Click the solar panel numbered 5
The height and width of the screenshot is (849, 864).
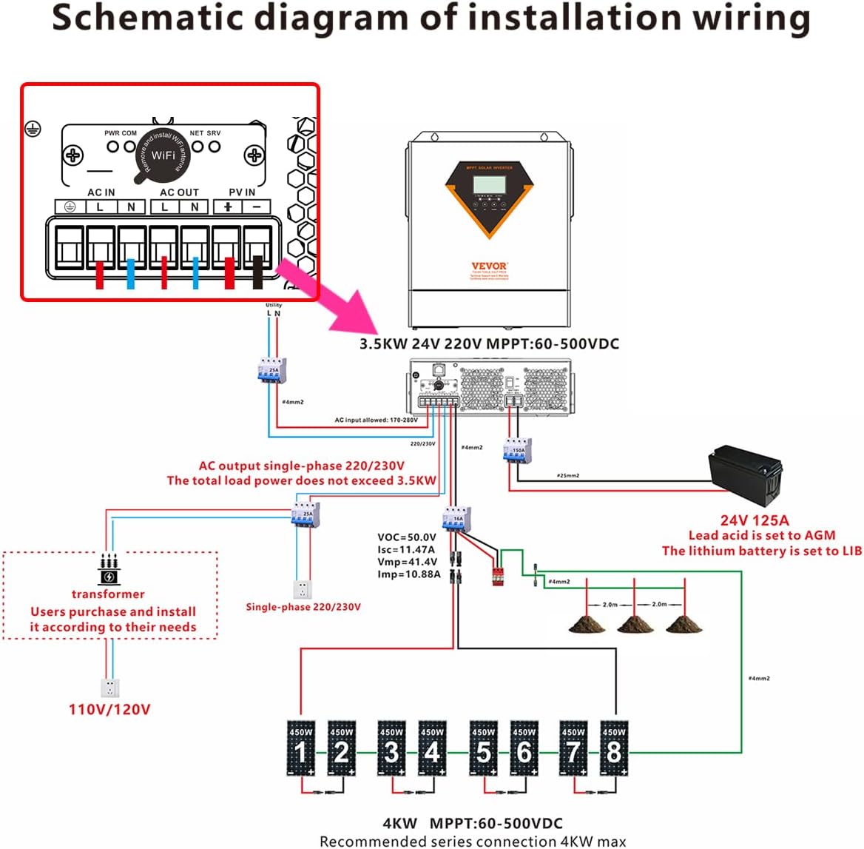pos(483,748)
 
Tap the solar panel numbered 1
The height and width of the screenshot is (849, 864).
pos(300,748)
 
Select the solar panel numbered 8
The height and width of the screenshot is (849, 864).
pos(613,748)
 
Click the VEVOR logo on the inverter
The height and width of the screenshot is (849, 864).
pos(489,266)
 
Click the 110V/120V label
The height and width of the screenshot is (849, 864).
pos(109,709)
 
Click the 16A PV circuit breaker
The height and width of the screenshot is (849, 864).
pos(456,518)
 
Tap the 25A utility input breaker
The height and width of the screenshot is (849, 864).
pos(271,370)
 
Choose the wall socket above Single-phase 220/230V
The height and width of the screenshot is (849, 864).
pos(303,589)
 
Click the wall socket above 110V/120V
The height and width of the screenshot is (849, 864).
pos(110,688)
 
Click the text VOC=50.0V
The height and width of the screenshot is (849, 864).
pos(407,537)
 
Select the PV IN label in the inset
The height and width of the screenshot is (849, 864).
pos(241,192)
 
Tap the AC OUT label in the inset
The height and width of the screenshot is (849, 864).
pos(179,192)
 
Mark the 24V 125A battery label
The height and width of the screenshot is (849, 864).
pos(755,520)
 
